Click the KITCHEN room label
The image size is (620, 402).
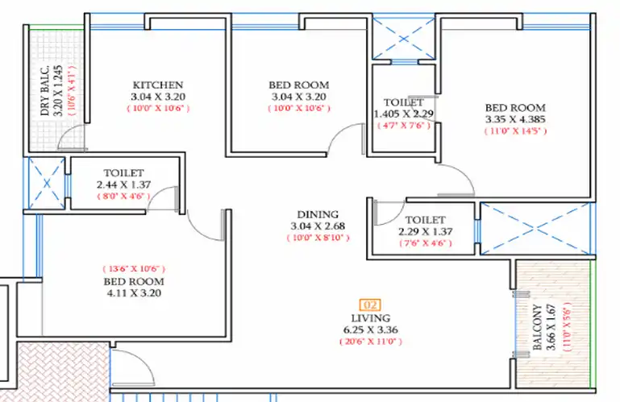[158, 85]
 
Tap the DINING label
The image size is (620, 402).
[318, 214]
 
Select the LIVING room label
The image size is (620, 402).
[371, 318]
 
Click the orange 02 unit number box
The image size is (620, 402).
[370, 305]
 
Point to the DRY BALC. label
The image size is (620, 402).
[45, 90]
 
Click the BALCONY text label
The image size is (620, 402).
[537, 327]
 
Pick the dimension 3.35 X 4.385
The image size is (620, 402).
[515, 119]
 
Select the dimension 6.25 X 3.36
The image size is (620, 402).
[371, 330]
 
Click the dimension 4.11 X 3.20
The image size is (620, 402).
[134, 293]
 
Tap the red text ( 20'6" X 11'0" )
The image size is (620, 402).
[371, 342]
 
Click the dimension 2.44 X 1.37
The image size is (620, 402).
[124, 184]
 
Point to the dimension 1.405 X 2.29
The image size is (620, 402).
[404, 114]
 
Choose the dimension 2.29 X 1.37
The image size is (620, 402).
[426, 232]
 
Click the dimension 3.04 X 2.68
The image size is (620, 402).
[318, 226]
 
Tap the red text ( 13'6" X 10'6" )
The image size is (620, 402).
[134, 269]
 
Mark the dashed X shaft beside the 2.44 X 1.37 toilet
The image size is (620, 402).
[47, 184]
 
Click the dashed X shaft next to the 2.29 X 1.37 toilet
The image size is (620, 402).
[535, 229]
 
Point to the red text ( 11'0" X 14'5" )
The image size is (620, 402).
[516, 131]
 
